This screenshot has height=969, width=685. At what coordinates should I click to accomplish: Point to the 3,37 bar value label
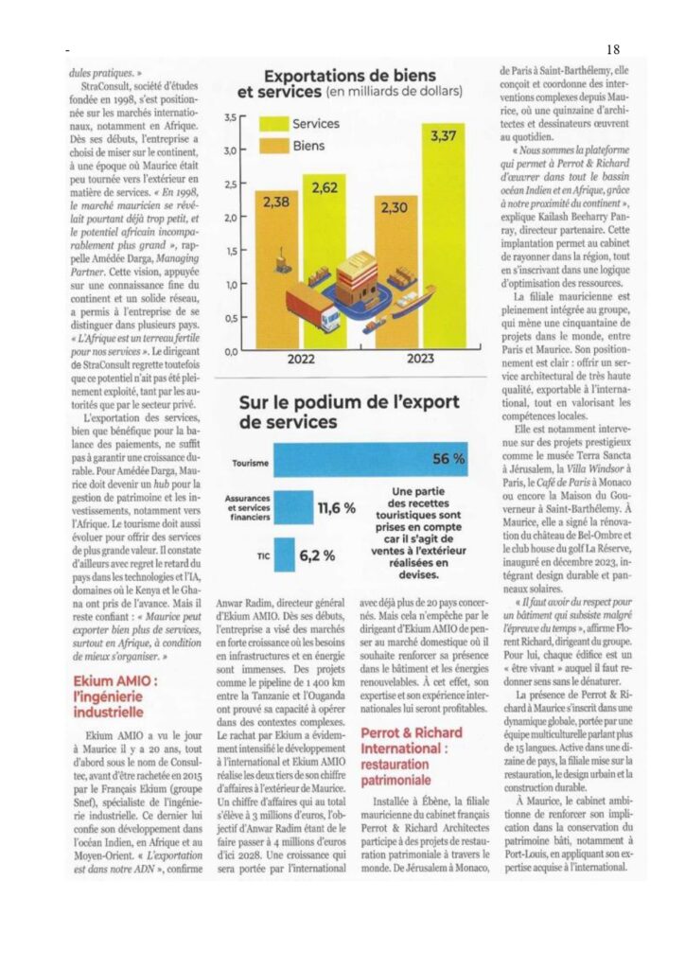click(446, 136)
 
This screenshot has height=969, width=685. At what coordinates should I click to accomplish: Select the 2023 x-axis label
click(422, 360)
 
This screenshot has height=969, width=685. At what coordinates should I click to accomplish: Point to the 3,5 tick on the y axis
click(230, 118)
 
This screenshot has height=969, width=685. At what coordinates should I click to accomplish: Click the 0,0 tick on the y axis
click(230, 351)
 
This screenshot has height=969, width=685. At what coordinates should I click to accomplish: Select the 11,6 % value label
click(335, 508)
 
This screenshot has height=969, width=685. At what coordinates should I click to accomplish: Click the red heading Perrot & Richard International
click(413, 740)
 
